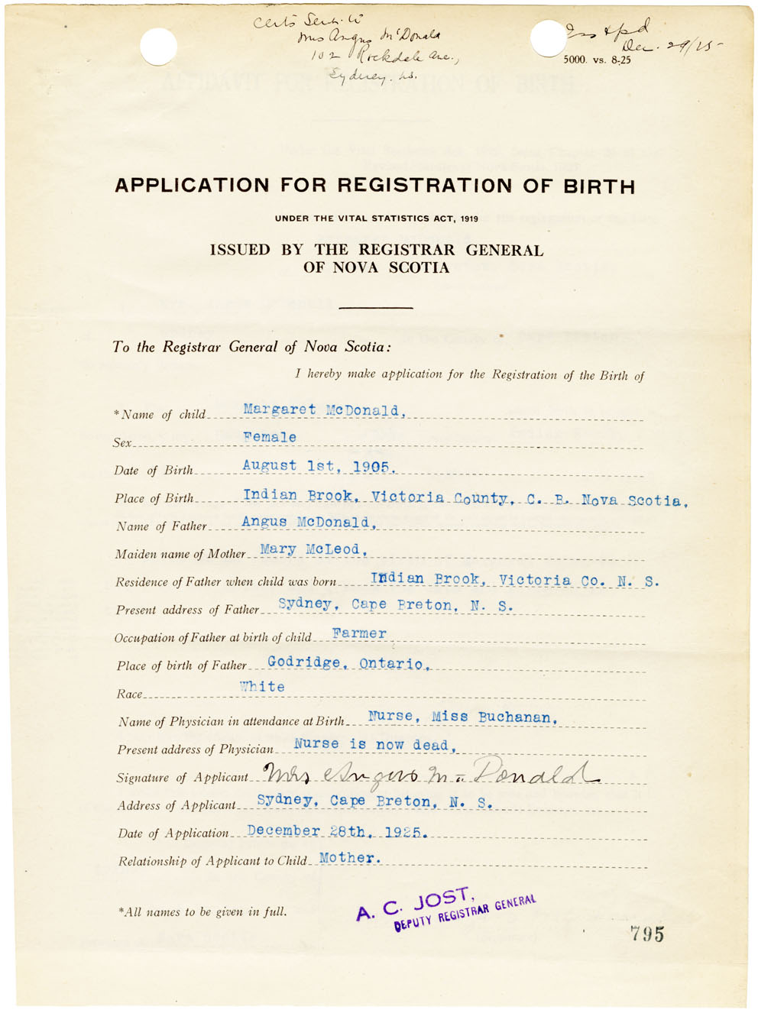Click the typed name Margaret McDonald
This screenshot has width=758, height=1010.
(321, 410)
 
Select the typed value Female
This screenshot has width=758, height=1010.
(270, 437)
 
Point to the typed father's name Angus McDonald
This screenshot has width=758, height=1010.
(308, 523)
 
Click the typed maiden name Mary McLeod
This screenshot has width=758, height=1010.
(313, 549)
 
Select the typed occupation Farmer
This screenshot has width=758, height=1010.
(359, 634)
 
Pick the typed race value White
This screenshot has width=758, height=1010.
(262, 687)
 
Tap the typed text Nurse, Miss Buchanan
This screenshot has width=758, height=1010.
(462, 717)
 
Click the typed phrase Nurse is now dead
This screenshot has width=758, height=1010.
(374, 744)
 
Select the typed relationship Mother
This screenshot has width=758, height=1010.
(349, 858)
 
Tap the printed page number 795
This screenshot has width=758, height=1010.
(646, 934)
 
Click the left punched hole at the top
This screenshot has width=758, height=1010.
(158, 47)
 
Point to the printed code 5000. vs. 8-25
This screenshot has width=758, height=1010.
(597, 60)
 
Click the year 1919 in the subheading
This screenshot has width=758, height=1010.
(469, 219)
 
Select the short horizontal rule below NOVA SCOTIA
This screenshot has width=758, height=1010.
(375, 307)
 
